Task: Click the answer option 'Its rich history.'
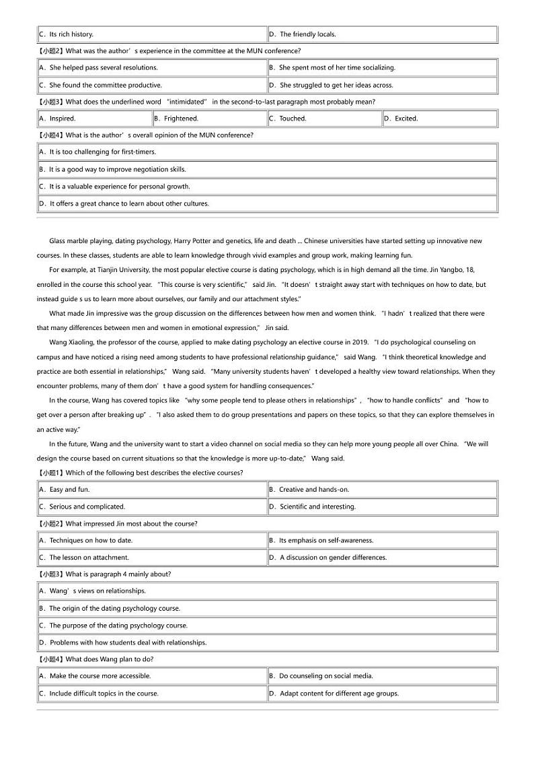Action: [71, 34]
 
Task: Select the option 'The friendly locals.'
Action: [307, 34]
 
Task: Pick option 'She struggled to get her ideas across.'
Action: [336, 85]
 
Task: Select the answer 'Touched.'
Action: [293, 119]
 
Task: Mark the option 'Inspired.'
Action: [63, 119]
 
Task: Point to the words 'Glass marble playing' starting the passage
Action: [80, 241]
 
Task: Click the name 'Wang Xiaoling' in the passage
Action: [71, 342]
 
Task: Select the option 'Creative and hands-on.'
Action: [314, 490]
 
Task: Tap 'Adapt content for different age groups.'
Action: [339, 693]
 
